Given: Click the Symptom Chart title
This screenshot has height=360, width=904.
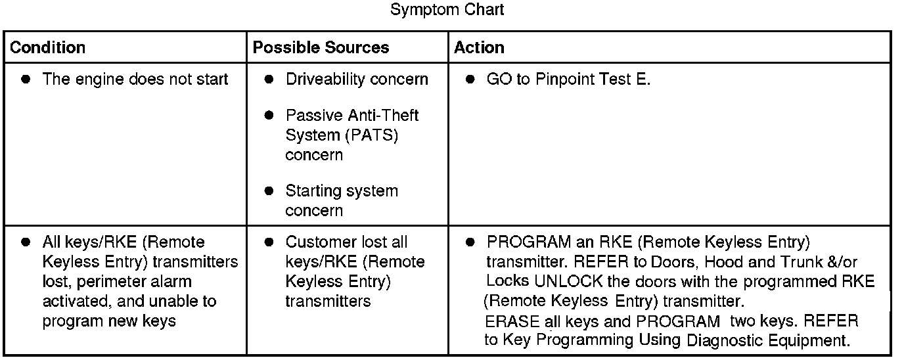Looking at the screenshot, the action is click(x=447, y=10).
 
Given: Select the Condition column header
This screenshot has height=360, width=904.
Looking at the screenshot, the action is click(x=48, y=48).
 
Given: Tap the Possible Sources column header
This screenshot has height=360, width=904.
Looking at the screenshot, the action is click(x=321, y=48).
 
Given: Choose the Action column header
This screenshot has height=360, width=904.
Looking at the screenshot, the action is click(x=480, y=48).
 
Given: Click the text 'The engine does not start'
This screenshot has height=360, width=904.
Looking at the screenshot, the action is click(x=135, y=79).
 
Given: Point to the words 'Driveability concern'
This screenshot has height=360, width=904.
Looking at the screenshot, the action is click(x=357, y=79).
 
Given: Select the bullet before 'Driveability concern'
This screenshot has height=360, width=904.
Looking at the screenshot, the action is click(x=269, y=79).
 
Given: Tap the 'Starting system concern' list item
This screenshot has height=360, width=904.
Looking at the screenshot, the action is click(x=342, y=200).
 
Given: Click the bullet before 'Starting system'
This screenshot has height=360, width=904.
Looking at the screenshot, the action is click(x=269, y=191).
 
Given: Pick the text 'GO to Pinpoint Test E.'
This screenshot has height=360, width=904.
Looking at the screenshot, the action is click(x=568, y=79).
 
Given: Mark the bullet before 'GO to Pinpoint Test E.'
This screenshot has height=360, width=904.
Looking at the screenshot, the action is click(x=470, y=79).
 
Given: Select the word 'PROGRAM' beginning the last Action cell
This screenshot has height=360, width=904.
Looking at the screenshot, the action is click(x=524, y=242).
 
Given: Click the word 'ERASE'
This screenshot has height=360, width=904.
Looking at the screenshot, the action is click(x=508, y=321).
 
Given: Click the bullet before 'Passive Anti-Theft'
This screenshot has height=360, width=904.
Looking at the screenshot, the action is click(x=269, y=116).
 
